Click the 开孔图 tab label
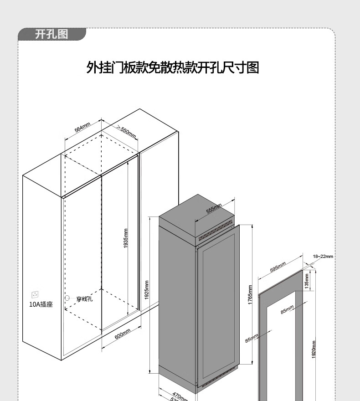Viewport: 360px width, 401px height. pyautogui.click(x=51, y=35)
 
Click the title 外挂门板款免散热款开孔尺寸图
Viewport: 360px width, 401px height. pyautogui.click(x=173, y=67)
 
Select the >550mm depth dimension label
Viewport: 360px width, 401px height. pyautogui.click(x=126, y=131)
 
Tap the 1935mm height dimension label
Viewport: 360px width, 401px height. pyautogui.click(x=126, y=238)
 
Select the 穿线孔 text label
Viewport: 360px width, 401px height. pyautogui.click(x=84, y=299)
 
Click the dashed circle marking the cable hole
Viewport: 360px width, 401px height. pyautogui.click(x=67, y=298)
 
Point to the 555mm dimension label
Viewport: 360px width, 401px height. pyautogui.click(x=214, y=209)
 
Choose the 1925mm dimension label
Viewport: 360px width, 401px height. pyautogui.click(x=146, y=290)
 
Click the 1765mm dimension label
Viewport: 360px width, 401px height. pyautogui.click(x=250, y=295)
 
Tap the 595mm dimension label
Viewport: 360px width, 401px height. pyautogui.click(x=278, y=267)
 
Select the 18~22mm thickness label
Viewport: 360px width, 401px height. pyautogui.click(x=323, y=257)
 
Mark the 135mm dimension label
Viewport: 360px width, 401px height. pyautogui.click(x=307, y=281)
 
